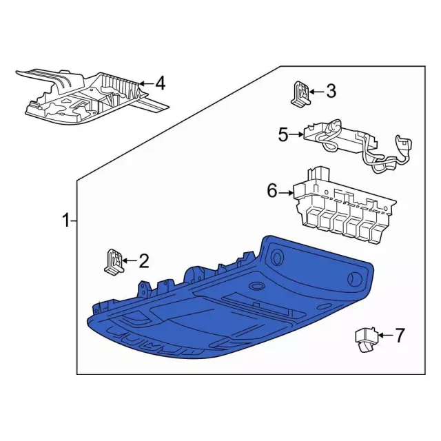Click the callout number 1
65,221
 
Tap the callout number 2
143,260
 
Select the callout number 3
331,90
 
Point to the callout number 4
160,84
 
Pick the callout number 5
283,135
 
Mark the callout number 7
399,336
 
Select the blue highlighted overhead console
227,310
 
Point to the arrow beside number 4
145,84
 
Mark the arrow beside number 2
130,260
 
